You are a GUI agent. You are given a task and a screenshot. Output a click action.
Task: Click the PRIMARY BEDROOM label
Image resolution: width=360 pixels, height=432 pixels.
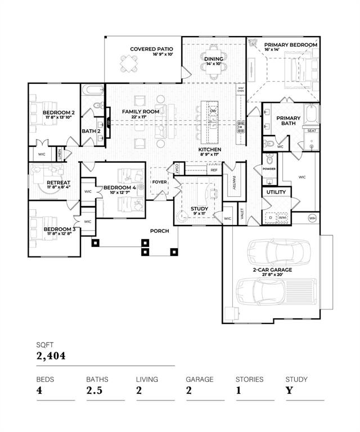(x=291, y=45)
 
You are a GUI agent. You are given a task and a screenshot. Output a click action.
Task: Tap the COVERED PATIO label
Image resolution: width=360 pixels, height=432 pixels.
(x=151, y=49)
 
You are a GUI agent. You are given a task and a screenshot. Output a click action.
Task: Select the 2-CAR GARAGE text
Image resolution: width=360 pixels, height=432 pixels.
(x=272, y=270)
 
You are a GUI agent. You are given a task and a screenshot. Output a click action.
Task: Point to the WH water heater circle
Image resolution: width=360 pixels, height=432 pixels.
(x=312, y=218)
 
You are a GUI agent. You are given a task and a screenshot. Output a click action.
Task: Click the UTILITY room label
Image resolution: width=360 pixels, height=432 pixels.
(x=276, y=192)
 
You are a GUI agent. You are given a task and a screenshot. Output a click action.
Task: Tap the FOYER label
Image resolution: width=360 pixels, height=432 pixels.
(x=160, y=182)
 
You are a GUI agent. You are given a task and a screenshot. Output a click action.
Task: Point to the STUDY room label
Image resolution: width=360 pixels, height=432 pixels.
(x=199, y=209)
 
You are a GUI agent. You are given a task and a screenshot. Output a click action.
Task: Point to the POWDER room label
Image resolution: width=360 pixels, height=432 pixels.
(x=269, y=168)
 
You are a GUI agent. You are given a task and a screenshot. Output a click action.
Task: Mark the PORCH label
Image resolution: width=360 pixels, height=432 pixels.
(x=159, y=231)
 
